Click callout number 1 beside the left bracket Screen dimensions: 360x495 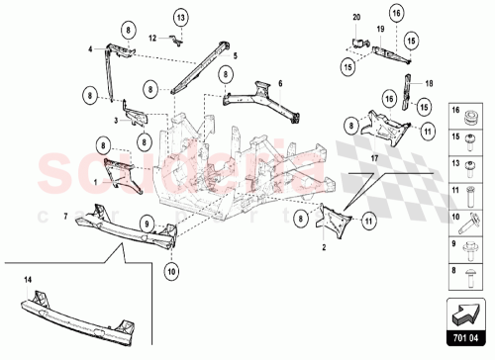point(94,181)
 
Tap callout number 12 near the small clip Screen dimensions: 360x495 point(152,38)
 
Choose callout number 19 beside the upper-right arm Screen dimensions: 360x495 point(380,31)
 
